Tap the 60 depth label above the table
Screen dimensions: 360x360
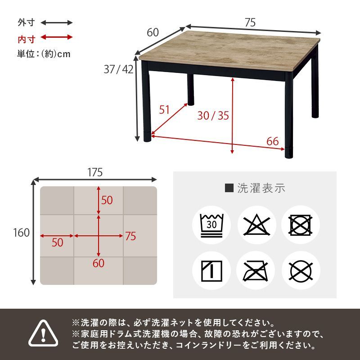pyautogui.click(x=153, y=32)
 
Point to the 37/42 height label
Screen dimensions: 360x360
pyautogui.click(x=118, y=69)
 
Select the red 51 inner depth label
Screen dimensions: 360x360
pyautogui.click(x=165, y=109)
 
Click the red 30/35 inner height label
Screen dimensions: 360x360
pyautogui.click(x=213, y=116)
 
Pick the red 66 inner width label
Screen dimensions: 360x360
pyautogui.click(x=272, y=141)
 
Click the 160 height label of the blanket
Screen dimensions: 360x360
pyautogui.click(x=22, y=233)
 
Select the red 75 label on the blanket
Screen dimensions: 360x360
pyautogui.click(x=130, y=236)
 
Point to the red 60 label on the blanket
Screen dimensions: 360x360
pyautogui.click(x=99, y=263)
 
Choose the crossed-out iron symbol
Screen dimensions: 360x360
pyautogui.click(x=256, y=270)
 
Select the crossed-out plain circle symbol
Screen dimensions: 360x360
pyautogui.click(x=301, y=270)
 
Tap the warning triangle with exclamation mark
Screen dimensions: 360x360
pyautogui.click(x=44, y=334)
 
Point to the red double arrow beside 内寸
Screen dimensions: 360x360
pyautogui.click(x=57, y=37)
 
